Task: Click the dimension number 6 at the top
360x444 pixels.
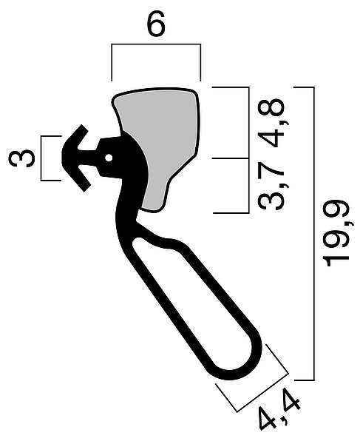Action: [x=156, y=24]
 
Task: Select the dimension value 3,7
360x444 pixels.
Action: [x=271, y=186]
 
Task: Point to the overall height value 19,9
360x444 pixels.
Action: [x=337, y=233]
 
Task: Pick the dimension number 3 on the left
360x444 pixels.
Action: [x=21, y=158]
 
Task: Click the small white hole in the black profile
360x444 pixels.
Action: [x=109, y=158]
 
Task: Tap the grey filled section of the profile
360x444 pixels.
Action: [x=159, y=141]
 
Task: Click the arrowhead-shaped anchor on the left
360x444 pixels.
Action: [x=76, y=158]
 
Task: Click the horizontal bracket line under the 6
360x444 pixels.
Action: [x=156, y=44]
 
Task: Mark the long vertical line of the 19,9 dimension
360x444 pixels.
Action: [x=313, y=233]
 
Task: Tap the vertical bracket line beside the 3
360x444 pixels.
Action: [x=41, y=158]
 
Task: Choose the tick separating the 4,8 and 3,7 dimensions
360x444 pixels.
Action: [x=231, y=158]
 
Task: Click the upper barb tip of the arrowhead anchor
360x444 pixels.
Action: [x=82, y=126]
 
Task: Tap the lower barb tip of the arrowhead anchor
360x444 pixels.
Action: [x=84, y=190]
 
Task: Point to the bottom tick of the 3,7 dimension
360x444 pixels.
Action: [x=231, y=212]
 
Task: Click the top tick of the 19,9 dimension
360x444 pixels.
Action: [x=304, y=87]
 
